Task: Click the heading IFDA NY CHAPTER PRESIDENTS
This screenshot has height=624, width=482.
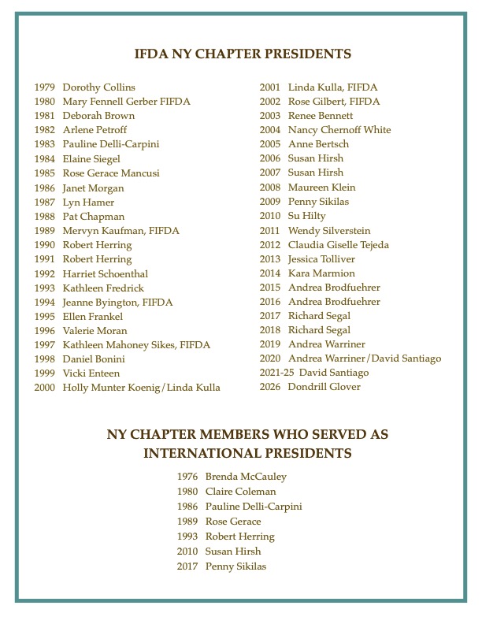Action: (243, 54)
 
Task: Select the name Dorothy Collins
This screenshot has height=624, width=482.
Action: (98, 87)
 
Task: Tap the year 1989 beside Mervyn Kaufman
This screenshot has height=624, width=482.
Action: (44, 231)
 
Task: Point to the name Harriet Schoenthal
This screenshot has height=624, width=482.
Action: (106, 274)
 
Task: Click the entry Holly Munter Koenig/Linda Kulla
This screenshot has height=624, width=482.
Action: (141, 388)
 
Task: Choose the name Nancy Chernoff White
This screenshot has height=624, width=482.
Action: (339, 130)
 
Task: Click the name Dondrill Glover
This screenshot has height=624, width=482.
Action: (324, 387)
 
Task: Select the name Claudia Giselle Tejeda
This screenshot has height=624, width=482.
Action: (344, 245)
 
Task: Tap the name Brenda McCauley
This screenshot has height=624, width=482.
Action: (246, 477)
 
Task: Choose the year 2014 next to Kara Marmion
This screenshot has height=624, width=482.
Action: (269, 273)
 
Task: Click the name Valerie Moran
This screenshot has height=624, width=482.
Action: (95, 331)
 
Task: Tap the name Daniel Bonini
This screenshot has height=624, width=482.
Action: (94, 359)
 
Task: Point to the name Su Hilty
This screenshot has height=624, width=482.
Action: (306, 216)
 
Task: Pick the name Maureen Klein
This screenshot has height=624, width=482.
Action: (321, 188)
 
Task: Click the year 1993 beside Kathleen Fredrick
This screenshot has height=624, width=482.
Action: (44, 288)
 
